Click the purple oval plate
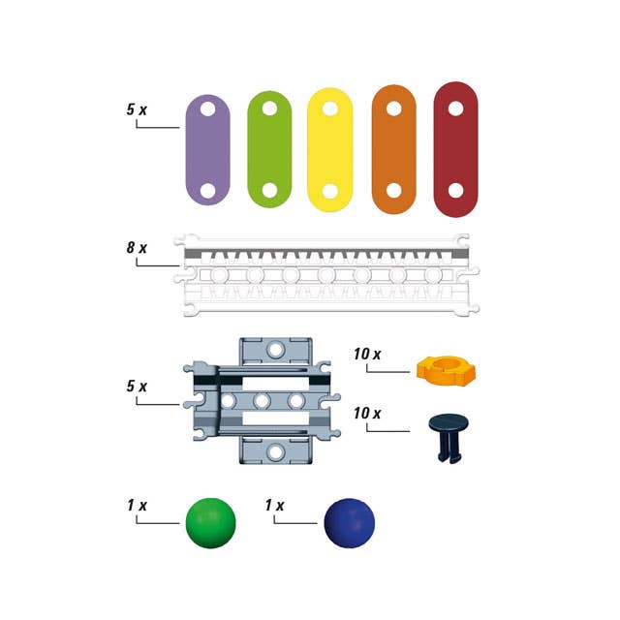(207, 150)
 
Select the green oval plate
(269, 149)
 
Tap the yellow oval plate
(329, 150)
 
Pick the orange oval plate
(394, 149)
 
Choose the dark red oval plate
(455, 149)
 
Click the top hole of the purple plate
(207, 108)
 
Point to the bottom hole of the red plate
(455, 190)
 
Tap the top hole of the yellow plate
(329, 108)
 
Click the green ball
(211, 523)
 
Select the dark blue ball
(349, 523)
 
